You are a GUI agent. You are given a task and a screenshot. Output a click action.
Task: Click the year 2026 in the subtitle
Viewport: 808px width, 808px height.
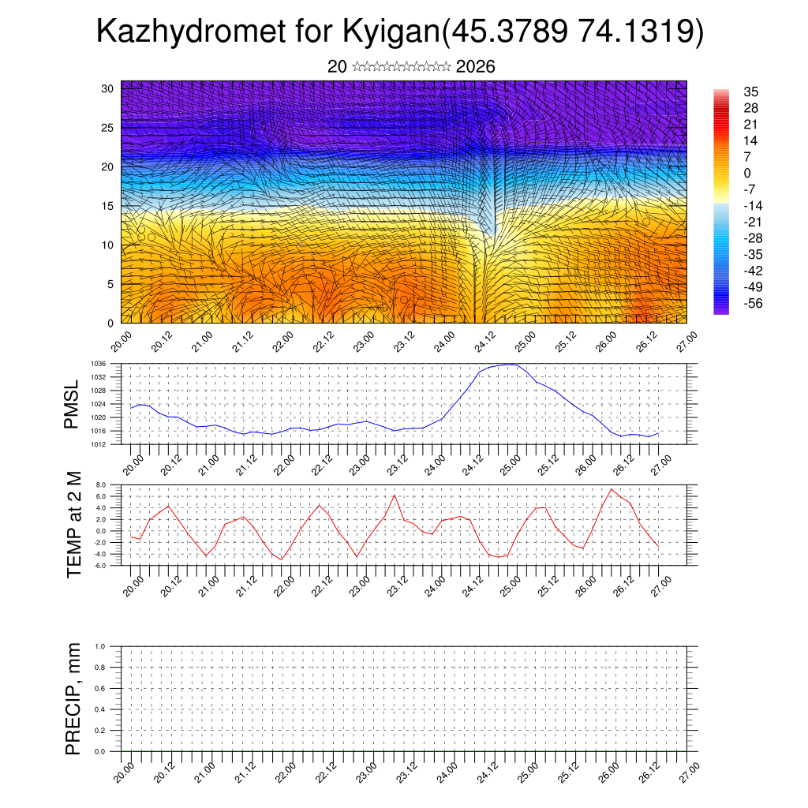coord(475,67)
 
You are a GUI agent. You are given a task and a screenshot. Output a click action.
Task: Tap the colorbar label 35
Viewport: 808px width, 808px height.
coord(750,92)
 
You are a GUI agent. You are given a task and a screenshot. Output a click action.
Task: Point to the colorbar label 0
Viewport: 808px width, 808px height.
coord(747,173)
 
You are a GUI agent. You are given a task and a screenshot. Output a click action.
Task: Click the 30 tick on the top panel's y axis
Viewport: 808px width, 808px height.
coord(108,88)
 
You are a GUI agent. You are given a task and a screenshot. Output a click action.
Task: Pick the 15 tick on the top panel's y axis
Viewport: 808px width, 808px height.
coord(108,206)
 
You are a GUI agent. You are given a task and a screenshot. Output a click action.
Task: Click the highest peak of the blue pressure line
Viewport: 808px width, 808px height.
coord(511,365)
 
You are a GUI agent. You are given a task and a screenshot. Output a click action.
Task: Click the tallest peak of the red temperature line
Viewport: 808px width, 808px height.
coord(612,489)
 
